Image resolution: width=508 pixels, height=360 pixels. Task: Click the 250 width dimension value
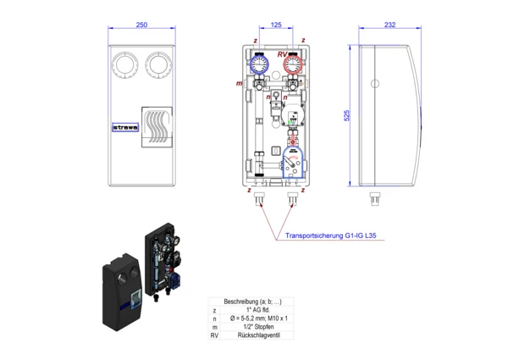(x=141, y=25)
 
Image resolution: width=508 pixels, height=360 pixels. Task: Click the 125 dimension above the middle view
(x=276, y=25)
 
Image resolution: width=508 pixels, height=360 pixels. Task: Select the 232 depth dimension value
(x=389, y=25)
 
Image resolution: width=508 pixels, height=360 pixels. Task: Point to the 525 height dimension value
(x=347, y=117)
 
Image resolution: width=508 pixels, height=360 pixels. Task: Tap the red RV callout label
(x=282, y=53)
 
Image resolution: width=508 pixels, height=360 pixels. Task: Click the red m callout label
(x=240, y=85)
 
